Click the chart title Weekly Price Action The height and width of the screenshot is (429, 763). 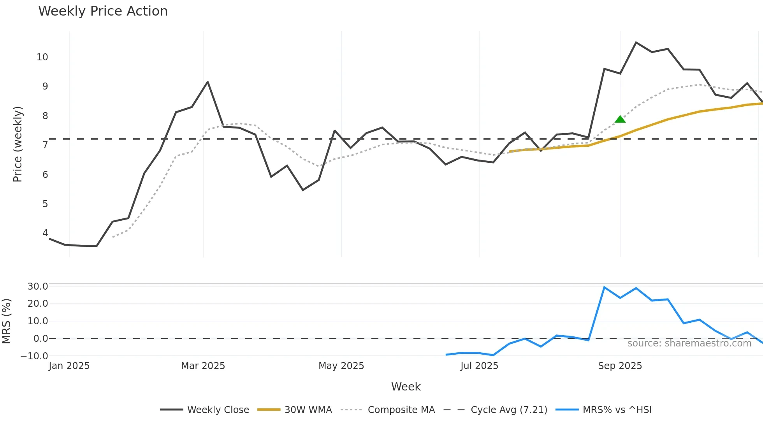[103, 11]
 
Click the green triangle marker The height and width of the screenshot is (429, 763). [620, 119]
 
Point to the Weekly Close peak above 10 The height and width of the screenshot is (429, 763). [636, 42]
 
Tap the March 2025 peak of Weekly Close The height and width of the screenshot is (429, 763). [208, 82]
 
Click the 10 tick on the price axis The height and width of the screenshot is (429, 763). [42, 57]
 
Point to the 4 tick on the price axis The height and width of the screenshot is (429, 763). [45, 233]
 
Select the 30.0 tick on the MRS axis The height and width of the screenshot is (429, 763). [38, 287]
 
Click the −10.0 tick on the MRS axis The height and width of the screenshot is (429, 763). [34, 356]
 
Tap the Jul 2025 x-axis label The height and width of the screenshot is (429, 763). [479, 366]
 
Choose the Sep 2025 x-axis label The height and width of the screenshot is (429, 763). [620, 366]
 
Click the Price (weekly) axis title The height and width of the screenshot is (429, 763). [18, 144]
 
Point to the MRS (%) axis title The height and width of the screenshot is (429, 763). [7, 321]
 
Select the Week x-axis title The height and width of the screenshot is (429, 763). [406, 387]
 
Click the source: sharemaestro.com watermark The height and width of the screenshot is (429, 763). [689, 343]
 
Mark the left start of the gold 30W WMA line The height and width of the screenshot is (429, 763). [510, 151]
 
